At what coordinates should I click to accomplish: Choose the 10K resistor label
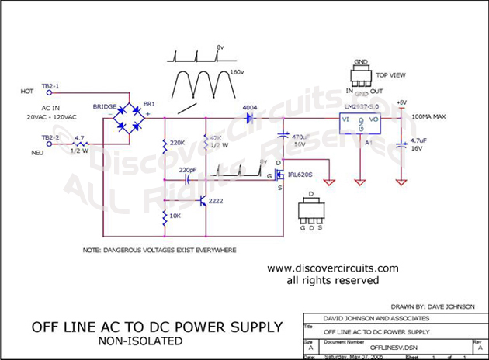(x=176, y=214)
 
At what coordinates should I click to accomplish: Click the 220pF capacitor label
(x=188, y=168)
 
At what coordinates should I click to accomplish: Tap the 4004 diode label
(x=249, y=107)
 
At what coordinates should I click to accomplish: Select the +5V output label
(x=401, y=102)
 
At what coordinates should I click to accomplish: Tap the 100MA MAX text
(x=433, y=116)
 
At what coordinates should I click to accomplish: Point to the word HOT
(x=26, y=92)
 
